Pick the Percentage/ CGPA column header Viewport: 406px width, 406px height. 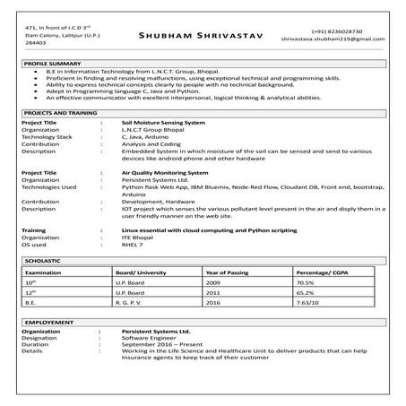click(x=324, y=271)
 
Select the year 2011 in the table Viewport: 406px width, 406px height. click(x=213, y=292)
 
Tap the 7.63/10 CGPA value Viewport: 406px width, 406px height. click(x=310, y=303)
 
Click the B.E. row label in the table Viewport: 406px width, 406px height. click(x=32, y=303)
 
